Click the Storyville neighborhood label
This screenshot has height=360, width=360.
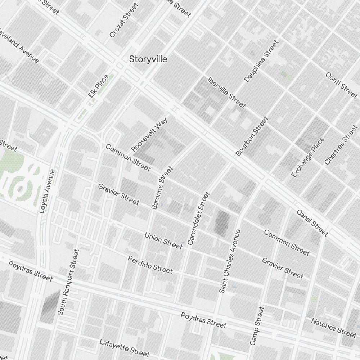pyautogui.click(x=148, y=59)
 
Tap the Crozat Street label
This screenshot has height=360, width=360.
pyautogui.click(x=124, y=21)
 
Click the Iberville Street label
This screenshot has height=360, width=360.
pyautogui.click(x=226, y=93)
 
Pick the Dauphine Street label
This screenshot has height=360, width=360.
pyautogui.click(x=261, y=61)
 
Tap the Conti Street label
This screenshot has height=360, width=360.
pyautogui.click(x=341, y=85)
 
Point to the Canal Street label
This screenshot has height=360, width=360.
pyautogui.click(x=312, y=223)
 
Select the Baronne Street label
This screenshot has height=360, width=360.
pyautogui.click(x=162, y=188)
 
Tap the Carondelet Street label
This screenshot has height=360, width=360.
pyautogui.click(x=198, y=219)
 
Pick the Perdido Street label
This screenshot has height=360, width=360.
pyautogui.click(x=150, y=264)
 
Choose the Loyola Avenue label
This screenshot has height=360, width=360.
pyautogui.click(x=47, y=192)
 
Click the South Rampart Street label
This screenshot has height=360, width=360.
pyautogui.click(x=68, y=283)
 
